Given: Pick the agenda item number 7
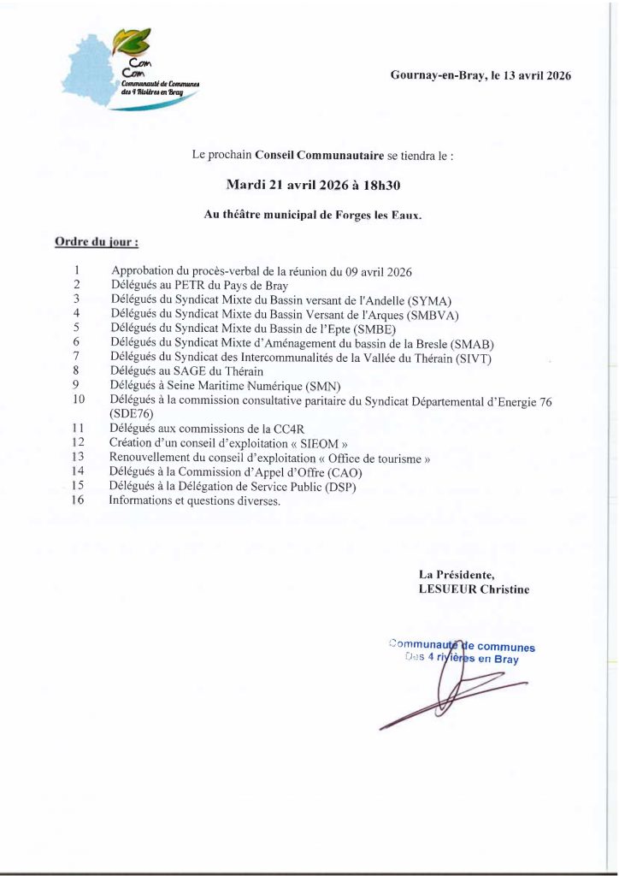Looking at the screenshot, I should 77,356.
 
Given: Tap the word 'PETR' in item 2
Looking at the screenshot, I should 190,284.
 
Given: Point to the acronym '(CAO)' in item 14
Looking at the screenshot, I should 334,472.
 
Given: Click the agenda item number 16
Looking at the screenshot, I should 79,501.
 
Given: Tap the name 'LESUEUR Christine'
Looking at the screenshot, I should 473,589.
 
